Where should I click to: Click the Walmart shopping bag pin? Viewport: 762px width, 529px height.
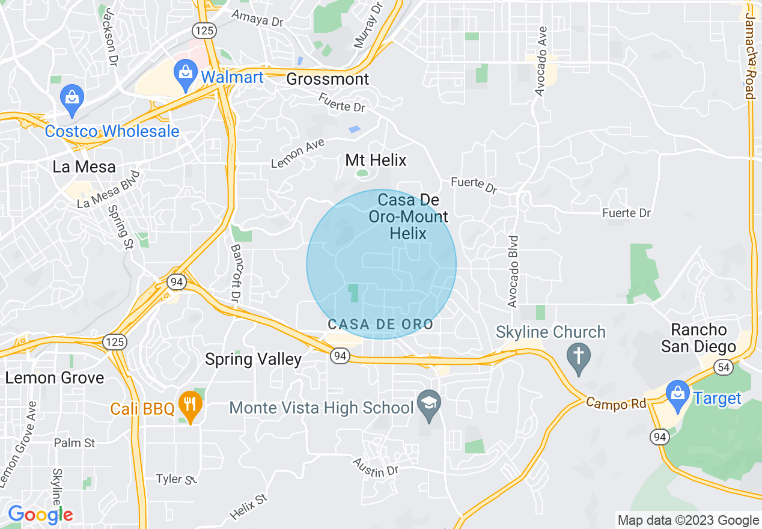pyautogui.click(x=186, y=73)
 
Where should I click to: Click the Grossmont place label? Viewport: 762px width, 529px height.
pyautogui.click(x=328, y=79)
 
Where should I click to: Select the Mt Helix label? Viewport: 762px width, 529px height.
pyautogui.click(x=376, y=160)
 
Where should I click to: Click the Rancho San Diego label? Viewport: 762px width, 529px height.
pyautogui.click(x=698, y=338)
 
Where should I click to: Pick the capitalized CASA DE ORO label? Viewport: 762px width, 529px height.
pyautogui.click(x=380, y=325)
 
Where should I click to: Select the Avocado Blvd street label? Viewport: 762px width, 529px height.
pyautogui.click(x=513, y=271)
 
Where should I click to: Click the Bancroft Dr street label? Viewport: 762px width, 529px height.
pyautogui.click(x=235, y=273)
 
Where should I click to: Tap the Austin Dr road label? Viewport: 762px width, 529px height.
pyautogui.click(x=376, y=467)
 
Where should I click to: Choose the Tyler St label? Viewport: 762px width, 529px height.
pyautogui.click(x=177, y=479)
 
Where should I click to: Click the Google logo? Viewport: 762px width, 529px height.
pyautogui.click(x=40, y=515)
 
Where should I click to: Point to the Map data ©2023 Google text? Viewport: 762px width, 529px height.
pyautogui.click(x=688, y=521)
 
